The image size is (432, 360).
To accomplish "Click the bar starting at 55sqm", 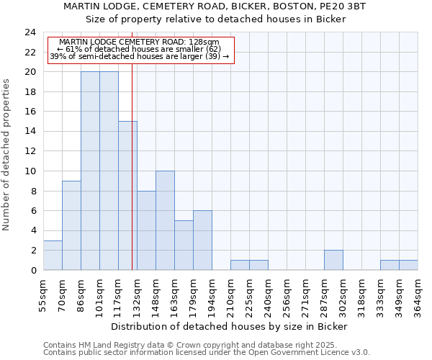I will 53,256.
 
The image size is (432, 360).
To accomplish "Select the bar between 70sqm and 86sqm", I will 71,225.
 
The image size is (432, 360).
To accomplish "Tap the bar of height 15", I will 127,196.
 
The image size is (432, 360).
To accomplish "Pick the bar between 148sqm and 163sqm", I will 165,220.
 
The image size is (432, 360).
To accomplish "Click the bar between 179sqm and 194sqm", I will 202,240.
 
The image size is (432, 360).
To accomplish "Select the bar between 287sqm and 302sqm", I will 333,260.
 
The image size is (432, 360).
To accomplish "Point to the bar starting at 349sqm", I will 408,265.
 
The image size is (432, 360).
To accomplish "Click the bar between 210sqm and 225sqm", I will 240,265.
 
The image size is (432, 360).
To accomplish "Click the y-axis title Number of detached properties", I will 7,156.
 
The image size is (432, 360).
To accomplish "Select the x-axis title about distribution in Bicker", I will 230,326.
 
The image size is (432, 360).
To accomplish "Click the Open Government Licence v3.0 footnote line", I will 207,353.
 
